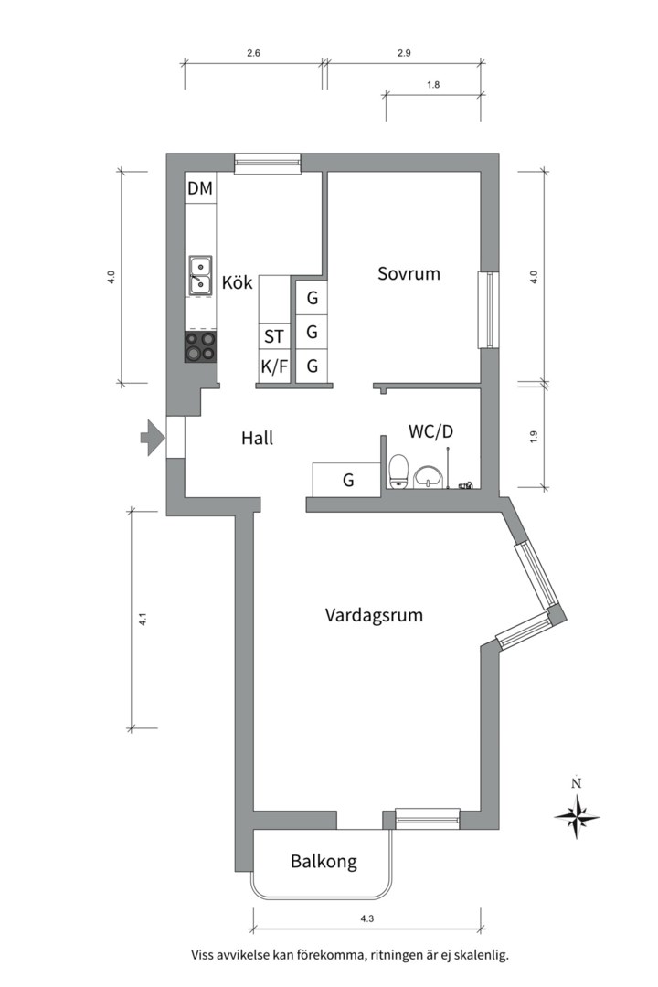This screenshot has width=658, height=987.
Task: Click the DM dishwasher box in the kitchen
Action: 200,187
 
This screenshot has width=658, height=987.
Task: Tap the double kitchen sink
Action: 200,276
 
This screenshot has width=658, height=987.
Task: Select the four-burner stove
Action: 200,347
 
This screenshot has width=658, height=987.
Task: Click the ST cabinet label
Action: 274,336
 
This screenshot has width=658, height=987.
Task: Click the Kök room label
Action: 238,282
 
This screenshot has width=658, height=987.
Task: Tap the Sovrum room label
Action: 409,273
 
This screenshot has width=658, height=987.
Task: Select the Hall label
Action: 257,438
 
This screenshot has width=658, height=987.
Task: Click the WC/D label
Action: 430,431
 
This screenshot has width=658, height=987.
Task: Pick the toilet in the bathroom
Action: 399,472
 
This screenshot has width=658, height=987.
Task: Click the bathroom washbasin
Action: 429,476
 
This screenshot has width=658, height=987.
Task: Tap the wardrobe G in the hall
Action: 347,480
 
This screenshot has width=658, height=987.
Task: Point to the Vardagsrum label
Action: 374,614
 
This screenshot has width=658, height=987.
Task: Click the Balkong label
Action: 324,861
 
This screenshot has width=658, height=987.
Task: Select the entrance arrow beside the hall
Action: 152,437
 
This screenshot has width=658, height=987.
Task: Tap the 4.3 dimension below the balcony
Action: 367,918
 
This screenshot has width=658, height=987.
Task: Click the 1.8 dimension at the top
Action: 433,84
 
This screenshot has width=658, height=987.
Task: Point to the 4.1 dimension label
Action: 143,619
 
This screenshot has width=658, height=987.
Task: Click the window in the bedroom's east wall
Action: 489,309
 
